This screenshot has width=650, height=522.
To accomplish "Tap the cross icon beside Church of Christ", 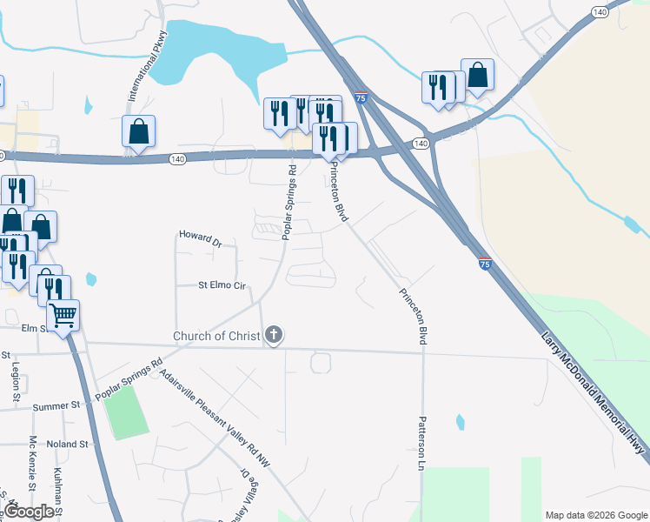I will click(x=275, y=334).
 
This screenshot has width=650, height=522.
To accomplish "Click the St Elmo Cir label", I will click(x=223, y=284).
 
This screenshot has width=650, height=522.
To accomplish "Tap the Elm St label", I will click(x=35, y=328).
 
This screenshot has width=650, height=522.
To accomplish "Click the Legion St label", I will click(x=16, y=381).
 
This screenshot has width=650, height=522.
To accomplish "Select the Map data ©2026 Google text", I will click(x=595, y=515).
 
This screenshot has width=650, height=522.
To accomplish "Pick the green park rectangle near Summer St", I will click(x=127, y=412).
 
